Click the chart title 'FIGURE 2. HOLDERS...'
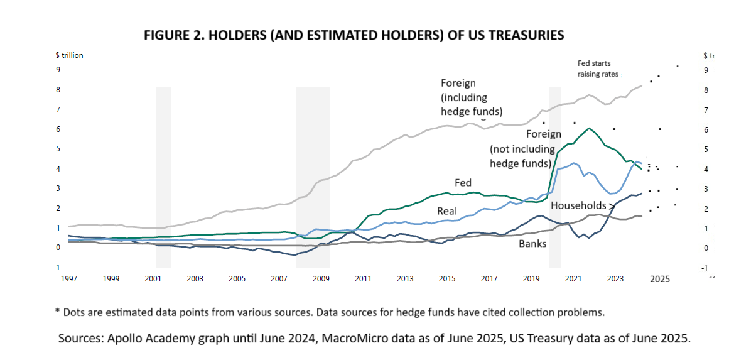(354, 35)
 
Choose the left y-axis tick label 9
(58, 70)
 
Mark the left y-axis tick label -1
(57, 267)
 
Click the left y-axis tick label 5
(58, 149)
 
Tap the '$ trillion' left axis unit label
(69, 55)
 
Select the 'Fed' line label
(463, 182)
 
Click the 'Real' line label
(447, 212)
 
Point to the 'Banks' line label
(532, 243)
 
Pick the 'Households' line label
(578, 205)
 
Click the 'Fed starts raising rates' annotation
(598, 69)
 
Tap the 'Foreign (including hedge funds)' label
(472, 97)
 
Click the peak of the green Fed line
(589, 128)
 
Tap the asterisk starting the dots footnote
(57, 312)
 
